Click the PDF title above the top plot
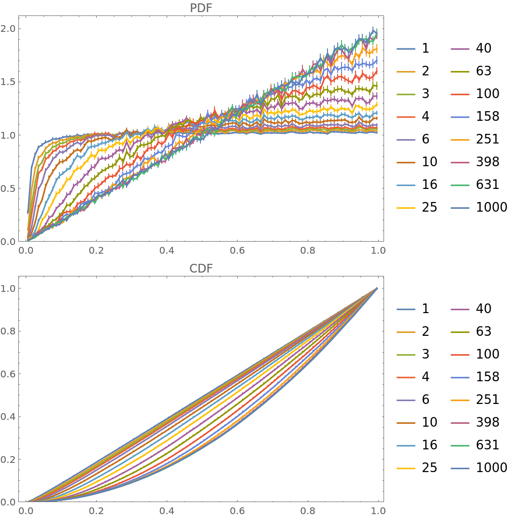pos(201,8)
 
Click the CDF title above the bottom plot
pos(201,269)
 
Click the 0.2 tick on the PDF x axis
pos(96,250)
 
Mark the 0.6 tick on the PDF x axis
pos(237,250)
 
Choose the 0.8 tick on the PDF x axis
pos(308,250)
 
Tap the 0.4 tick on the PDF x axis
pos(167,250)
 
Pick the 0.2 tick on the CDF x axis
pos(96,511)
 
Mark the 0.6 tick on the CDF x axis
pos(237,511)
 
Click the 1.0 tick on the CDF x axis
pos(378,511)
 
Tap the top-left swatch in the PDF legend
pos(406,49)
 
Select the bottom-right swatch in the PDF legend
pos(460,208)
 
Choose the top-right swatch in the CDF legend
pos(460,309)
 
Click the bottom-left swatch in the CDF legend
pos(406,468)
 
